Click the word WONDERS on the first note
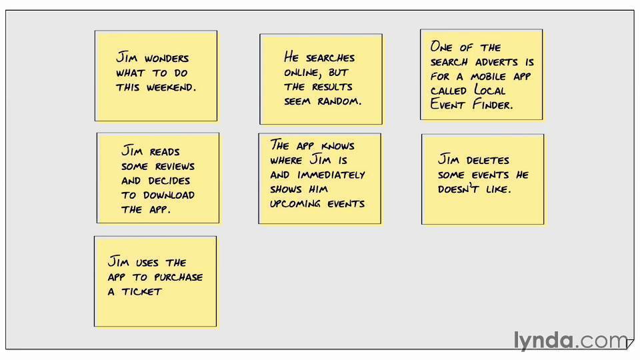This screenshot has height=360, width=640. pyautogui.click(x=167, y=59)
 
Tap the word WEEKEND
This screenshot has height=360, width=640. pyautogui.click(x=171, y=87)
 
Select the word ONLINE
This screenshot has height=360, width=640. pyautogui.click(x=301, y=73)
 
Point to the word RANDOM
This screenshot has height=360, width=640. pyautogui.click(x=339, y=101)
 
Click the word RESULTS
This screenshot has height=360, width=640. pyautogui.click(x=332, y=87)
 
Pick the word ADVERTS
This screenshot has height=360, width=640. pyautogui.click(x=496, y=62)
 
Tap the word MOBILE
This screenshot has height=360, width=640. pyautogui.click(x=488, y=76)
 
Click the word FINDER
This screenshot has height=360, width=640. pyautogui.click(x=493, y=105)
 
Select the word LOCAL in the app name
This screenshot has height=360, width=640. pyautogui.click(x=490, y=90)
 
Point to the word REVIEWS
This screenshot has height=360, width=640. pyautogui.click(x=175, y=167)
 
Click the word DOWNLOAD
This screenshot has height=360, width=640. pyautogui.click(x=169, y=195)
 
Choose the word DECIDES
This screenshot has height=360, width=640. pyautogui.click(x=169, y=181)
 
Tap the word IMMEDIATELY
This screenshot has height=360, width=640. pyautogui.click(x=331, y=175)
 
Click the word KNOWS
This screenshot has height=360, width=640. pyautogui.click(x=337, y=146)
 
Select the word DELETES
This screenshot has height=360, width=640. pyautogui.click(x=488, y=160)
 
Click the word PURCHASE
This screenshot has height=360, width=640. pyautogui.click(x=179, y=277)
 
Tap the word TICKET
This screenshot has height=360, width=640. pyautogui.click(x=141, y=291)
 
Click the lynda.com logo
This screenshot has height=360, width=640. pyautogui.click(x=570, y=340)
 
